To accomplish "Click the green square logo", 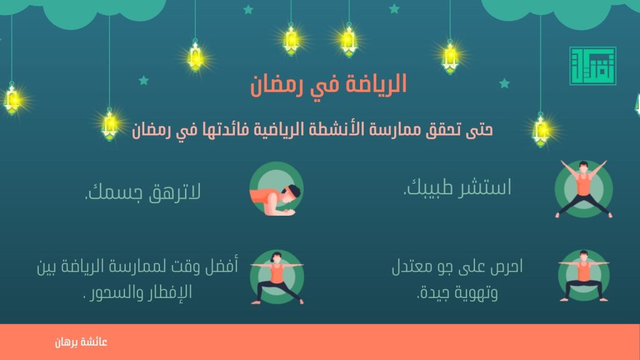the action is pyautogui.click(x=592, y=66).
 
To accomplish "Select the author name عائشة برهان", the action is pyautogui.click(x=81, y=342).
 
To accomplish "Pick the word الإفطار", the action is pyautogui.click(x=169, y=292).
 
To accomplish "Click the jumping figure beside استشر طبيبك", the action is pyautogui.click(x=584, y=189).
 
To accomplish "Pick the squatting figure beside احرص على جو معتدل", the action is pyautogui.click(x=584, y=276).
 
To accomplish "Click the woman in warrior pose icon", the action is pyautogui.click(x=277, y=277).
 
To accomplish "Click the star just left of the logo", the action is pyautogui.click(x=504, y=83).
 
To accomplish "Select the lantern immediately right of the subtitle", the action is pyautogui.click(x=541, y=130).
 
